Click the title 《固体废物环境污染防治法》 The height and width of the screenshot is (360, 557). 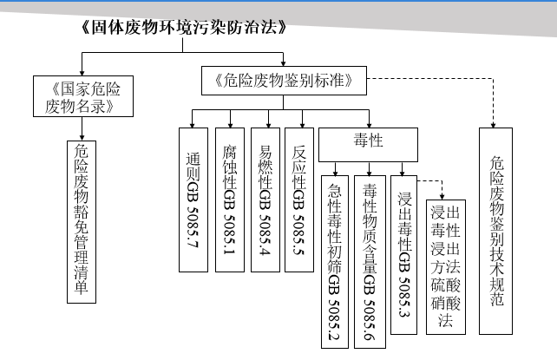(x=183, y=27)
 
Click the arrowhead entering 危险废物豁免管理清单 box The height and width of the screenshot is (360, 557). (x=82, y=138)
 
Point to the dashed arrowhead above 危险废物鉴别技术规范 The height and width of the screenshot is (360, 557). (x=493, y=125)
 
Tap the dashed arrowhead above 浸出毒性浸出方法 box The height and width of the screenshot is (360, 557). (x=442, y=197)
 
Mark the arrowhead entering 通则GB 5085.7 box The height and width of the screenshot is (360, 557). (x=193, y=125)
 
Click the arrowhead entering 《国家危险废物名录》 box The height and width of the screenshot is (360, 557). (x=82, y=73)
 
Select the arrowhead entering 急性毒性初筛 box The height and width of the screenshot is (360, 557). (x=336, y=173)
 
